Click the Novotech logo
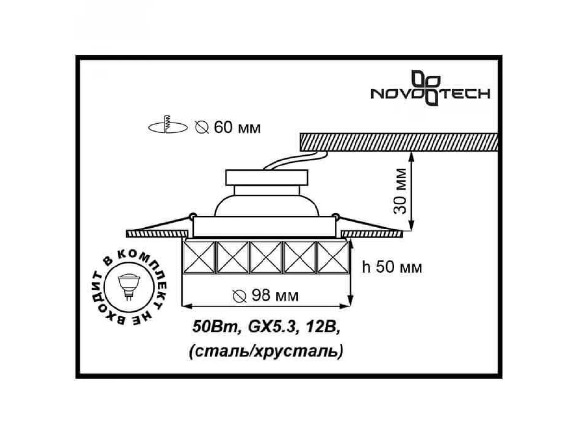pos(430,89)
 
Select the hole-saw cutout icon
pos(168,125)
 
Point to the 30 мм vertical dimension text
pos(399,191)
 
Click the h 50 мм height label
pos(392,267)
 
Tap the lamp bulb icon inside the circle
pos(129,287)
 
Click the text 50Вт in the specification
pos(215,327)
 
